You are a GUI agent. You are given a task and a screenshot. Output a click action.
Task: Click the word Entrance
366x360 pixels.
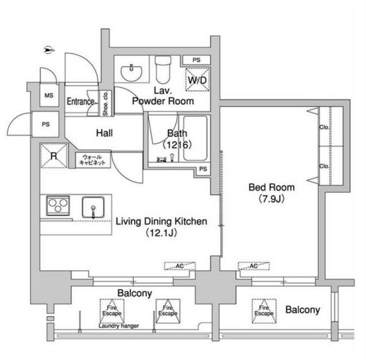pos(80,102)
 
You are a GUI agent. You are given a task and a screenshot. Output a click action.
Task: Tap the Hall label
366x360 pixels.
pos(104,133)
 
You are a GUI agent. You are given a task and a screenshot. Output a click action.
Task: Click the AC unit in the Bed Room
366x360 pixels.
pos(252,266)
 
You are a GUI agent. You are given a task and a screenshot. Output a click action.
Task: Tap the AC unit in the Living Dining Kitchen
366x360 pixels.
pos(180,266)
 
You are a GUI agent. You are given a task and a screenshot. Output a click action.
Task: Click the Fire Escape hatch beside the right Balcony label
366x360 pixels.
pos(265,309)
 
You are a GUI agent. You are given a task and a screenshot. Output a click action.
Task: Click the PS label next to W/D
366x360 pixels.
pos(197,60)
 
